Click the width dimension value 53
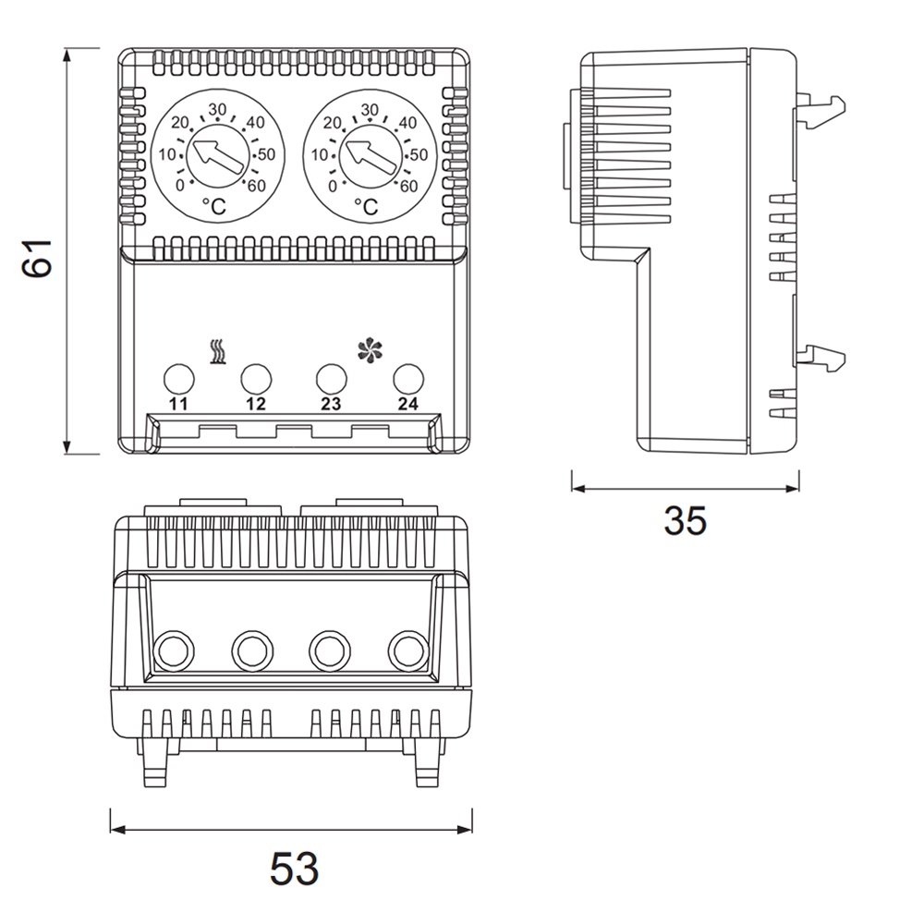[x=294, y=869]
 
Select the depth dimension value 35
[x=685, y=521]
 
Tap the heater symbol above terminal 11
[x=218, y=352]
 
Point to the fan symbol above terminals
[x=369, y=350]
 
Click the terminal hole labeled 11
[x=179, y=379]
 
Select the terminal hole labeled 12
[x=256, y=379]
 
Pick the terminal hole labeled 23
[x=331, y=379]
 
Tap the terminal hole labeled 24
[x=407, y=379]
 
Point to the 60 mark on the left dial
[x=256, y=185]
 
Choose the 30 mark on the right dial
[x=371, y=110]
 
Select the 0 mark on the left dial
[x=180, y=185]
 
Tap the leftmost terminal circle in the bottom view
[x=173, y=650]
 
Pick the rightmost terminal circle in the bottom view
[x=406, y=650]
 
